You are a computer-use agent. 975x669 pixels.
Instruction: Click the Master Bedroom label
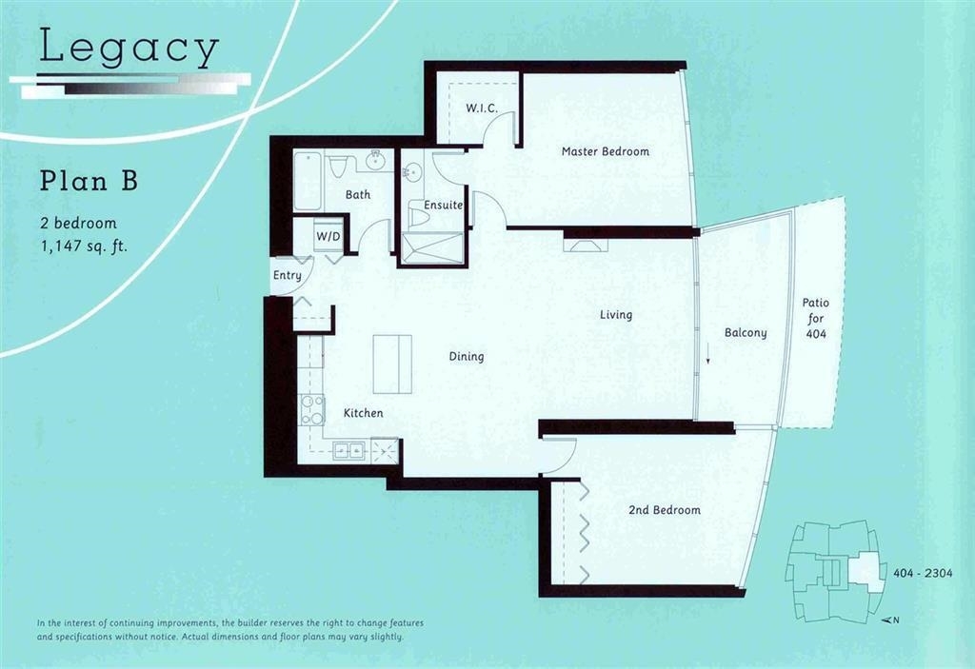[x=605, y=151]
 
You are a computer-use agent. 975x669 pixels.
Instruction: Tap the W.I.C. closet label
[x=482, y=108]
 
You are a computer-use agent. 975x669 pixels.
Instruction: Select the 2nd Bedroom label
[x=664, y=510]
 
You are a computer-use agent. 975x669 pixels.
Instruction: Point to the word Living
[x=616, y=315]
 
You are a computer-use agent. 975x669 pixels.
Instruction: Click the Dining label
[x=467, y=357]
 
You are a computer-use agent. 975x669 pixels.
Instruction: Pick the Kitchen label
[x=363, y=413]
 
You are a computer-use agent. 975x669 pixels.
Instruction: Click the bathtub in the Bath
[x=308, y=180]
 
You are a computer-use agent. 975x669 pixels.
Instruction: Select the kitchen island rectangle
[x=392, y=364]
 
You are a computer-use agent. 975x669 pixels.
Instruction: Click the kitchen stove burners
[x=312, y=410]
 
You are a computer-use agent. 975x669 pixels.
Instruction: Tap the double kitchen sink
[x=348, y=450]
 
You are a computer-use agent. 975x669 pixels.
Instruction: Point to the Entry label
[x=288, y=275]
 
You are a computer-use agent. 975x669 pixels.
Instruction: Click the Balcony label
[x=746, y=333]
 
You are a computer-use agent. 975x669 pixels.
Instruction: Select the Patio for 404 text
[x=815, y=319]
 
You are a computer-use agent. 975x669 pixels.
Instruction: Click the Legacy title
[x=129, y=48]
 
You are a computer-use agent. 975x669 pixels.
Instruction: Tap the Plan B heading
[x=89, y=180]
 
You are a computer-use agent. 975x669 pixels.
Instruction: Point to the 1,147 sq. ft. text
[x=84, y=246]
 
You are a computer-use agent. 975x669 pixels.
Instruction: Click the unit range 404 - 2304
[x=923, y=573]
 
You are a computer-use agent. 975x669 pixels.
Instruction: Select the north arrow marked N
[x=891, y=620]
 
